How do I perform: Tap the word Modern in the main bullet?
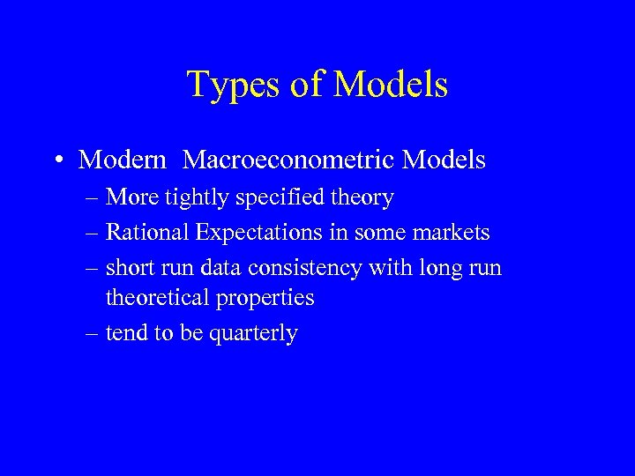123,160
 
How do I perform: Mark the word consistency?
311,267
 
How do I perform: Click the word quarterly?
255,334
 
